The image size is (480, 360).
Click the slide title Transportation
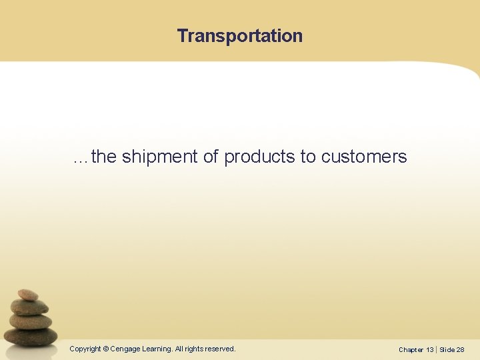pos(239,36)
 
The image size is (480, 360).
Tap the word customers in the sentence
pos(364,157)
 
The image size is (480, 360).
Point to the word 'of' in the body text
pos(211,157)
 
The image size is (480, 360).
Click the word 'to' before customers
pos(308,157)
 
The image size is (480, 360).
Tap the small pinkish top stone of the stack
pos(28,295)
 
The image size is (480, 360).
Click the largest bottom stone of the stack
pos(31,336)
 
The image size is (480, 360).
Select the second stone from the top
pos(30,307)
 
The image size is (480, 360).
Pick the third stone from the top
pos(31,321)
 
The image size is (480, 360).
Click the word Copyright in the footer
pos(85,349)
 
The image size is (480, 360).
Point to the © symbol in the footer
pos(106,349)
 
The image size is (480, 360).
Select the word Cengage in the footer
pos(125,349)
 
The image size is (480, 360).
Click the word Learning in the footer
pos(157,349)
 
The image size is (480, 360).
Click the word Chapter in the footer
pos(411,349)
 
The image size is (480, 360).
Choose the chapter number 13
pos(430,349)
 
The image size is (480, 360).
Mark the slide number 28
pos(461,349)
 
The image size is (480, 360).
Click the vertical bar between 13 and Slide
pos(437,349)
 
